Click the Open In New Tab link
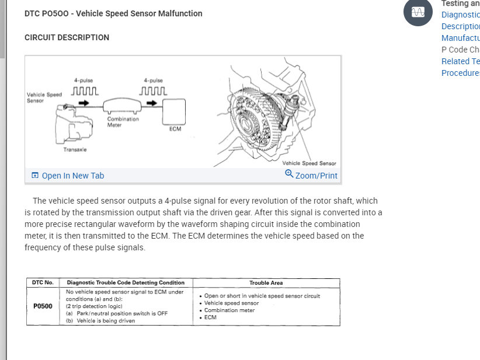point(72,176)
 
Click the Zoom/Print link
point(316,176)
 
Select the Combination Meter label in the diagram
point(123,122)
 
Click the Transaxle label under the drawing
point(75,150)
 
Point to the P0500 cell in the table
point(43,306)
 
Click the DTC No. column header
point(43,283)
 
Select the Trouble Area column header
point(266,283)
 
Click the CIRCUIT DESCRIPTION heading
point(67,37)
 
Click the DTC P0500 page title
point(113,13)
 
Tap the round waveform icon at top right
point(418,12)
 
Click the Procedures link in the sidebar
point(460,73)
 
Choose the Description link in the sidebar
point(460,26)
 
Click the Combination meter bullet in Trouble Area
point(229,310)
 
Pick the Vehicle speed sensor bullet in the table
point(231,303)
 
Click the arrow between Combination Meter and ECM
point(151,103)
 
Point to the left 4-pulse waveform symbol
point(84,91)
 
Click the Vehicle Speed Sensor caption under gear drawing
point(309,163)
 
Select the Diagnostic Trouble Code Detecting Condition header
point(126,283)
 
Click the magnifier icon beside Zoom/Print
point(289,174)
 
